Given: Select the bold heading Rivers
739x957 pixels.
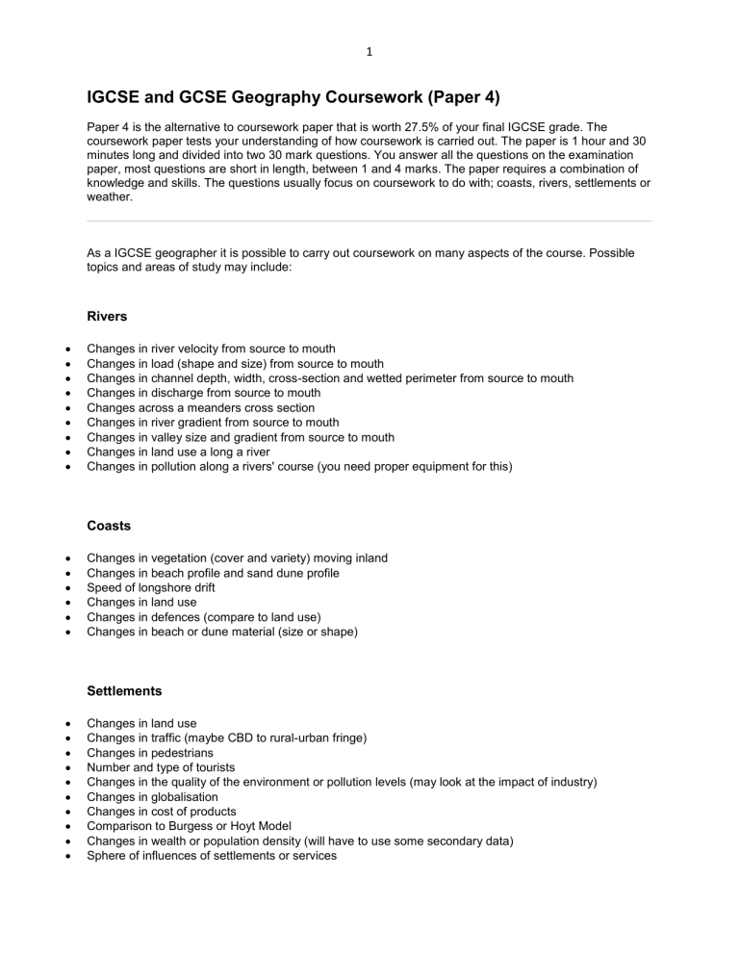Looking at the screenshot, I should (107, 316).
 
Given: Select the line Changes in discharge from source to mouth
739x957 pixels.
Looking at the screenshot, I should (203, 392).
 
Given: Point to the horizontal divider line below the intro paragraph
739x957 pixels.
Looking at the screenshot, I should (369, 221).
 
